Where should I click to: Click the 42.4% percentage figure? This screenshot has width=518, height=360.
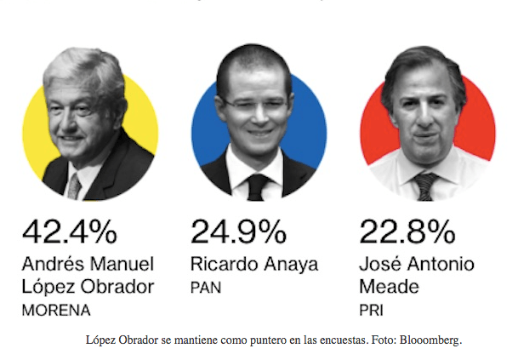pos(71,232)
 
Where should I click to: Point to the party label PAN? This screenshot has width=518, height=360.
pos(205,289)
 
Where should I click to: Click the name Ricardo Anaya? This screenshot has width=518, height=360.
pos(254,264)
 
